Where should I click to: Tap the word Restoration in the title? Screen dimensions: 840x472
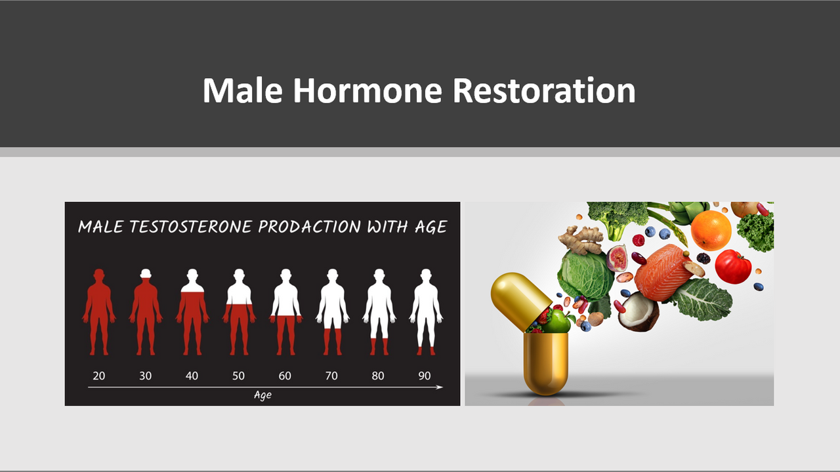pos(544,90)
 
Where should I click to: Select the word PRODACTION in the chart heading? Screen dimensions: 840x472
pos(309,227)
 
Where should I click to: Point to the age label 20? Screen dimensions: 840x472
pos(99,376)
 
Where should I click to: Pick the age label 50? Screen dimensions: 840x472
pos(238,376)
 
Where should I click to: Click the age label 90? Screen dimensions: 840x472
pos(425,376)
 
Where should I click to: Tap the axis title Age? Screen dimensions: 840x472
pos(263,395)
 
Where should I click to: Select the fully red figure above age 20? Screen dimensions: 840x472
pos(99,311)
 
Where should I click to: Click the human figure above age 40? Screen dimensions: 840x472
pos(192,311)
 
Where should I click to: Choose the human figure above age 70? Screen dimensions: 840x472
pos(332,311)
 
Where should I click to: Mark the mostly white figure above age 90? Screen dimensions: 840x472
pos(426,311)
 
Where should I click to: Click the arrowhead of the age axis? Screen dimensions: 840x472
pos(440,387)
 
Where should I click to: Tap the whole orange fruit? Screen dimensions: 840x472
pos(711,230)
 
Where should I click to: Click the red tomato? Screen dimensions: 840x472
pos(733,267)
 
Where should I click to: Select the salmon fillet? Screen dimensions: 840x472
pos(663,271)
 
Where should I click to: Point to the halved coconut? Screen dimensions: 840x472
pos(639,311)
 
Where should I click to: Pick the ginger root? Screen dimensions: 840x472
pos(581,240)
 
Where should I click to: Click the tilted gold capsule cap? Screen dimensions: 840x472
pos(520,300)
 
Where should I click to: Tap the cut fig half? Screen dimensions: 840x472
pos(617,258)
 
